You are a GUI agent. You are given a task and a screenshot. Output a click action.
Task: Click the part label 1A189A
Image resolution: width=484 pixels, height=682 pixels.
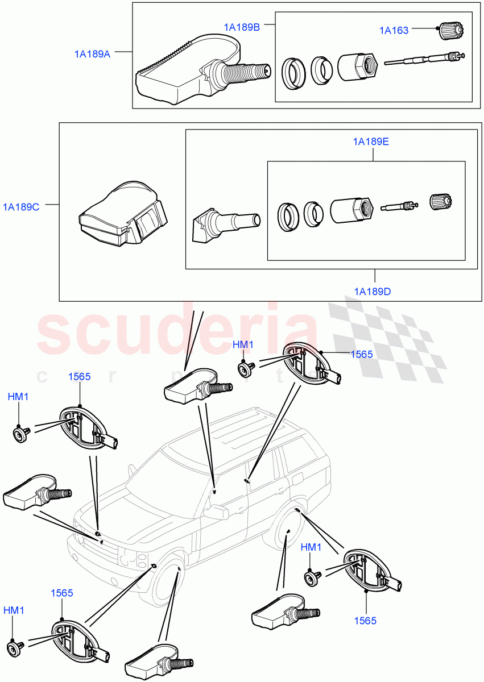pos(92,54)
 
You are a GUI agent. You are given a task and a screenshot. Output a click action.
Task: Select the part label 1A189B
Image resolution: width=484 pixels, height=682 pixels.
pos(242,27)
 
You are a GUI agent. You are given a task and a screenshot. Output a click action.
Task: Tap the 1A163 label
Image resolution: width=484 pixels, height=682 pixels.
pos(394,30)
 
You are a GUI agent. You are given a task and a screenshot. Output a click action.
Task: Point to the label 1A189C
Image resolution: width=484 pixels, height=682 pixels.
pos(21,207)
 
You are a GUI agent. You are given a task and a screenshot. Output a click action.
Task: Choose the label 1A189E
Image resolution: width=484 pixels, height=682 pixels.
pos(371,142)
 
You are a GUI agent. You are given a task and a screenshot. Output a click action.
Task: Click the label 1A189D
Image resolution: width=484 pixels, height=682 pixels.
pos(373,292)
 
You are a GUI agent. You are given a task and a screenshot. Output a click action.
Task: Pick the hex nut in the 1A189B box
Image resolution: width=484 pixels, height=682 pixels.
pos(358,66)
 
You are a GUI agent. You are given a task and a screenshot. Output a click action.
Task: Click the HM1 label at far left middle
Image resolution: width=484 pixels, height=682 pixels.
pos(18,397)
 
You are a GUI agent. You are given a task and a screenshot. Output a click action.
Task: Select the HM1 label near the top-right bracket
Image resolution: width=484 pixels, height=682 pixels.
pos(243,345)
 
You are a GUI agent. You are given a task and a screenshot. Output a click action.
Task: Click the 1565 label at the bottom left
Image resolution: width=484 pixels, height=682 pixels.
pos(61,593)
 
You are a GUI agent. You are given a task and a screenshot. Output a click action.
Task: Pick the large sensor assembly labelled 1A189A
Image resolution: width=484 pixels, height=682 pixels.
pos(202,71)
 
